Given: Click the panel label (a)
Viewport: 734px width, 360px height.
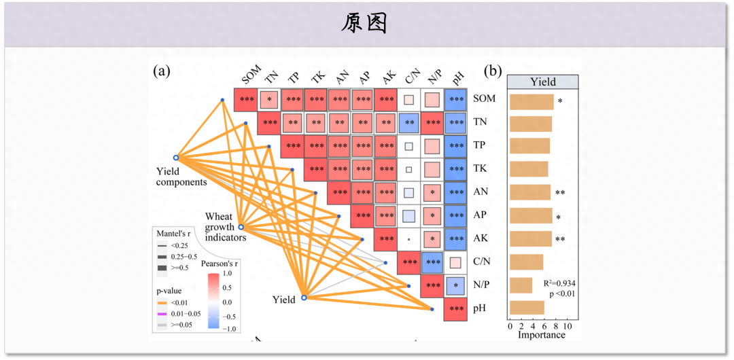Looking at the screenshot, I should coord(162,71).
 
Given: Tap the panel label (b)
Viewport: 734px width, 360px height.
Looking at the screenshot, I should coord(493,71).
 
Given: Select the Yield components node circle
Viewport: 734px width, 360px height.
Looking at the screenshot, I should coord(177,157).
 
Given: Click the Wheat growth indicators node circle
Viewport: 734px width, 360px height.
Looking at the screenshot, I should coord(241,227).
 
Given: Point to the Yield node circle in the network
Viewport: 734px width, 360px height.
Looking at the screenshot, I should coord(304,298).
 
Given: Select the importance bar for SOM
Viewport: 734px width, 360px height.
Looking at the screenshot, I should coord(531,101).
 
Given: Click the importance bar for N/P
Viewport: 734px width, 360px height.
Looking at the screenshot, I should coord(521,285).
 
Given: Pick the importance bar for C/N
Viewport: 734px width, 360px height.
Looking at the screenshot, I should coord(526,262).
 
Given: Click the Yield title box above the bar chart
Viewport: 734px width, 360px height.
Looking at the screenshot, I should coord(543,82).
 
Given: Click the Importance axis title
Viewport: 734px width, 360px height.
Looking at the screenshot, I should coord(542,335).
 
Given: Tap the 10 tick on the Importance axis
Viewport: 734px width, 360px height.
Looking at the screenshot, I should coord(568,326).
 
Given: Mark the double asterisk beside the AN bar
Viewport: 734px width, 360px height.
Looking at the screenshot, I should coord(560,193).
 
